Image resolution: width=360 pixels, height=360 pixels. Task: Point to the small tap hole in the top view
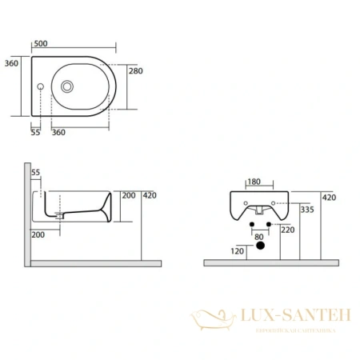(x=41, y=86)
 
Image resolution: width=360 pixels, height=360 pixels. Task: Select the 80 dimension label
(x=258, y=237)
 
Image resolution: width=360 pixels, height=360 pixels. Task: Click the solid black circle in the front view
(x=258, y=247)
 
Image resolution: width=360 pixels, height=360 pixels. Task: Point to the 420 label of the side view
(x=150, y=194)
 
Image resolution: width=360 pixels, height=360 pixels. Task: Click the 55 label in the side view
(x=35, y=173)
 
